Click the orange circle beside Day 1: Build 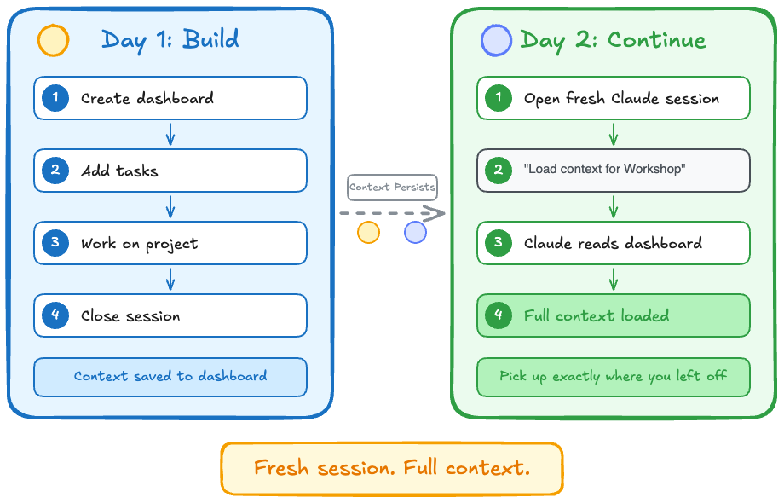(53, 40)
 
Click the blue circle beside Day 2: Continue (496, 40)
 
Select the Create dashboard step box (170, 98)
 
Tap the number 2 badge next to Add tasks (55, 171)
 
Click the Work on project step (170, 243)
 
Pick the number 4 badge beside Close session (55, 315)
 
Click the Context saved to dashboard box (170, 376)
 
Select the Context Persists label (392, 187)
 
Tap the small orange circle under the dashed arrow (368, 232)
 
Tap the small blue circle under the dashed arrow (415, 232)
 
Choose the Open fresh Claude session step (614, 98)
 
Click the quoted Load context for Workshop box (614, 170)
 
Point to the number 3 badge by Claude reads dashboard (499, 243)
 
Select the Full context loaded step (614, 315)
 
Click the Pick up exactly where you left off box (614, 376)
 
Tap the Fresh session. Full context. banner (392, 468)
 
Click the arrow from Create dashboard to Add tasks (170, 134)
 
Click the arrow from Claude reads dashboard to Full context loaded (614, 279)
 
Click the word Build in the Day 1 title (210, 39)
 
